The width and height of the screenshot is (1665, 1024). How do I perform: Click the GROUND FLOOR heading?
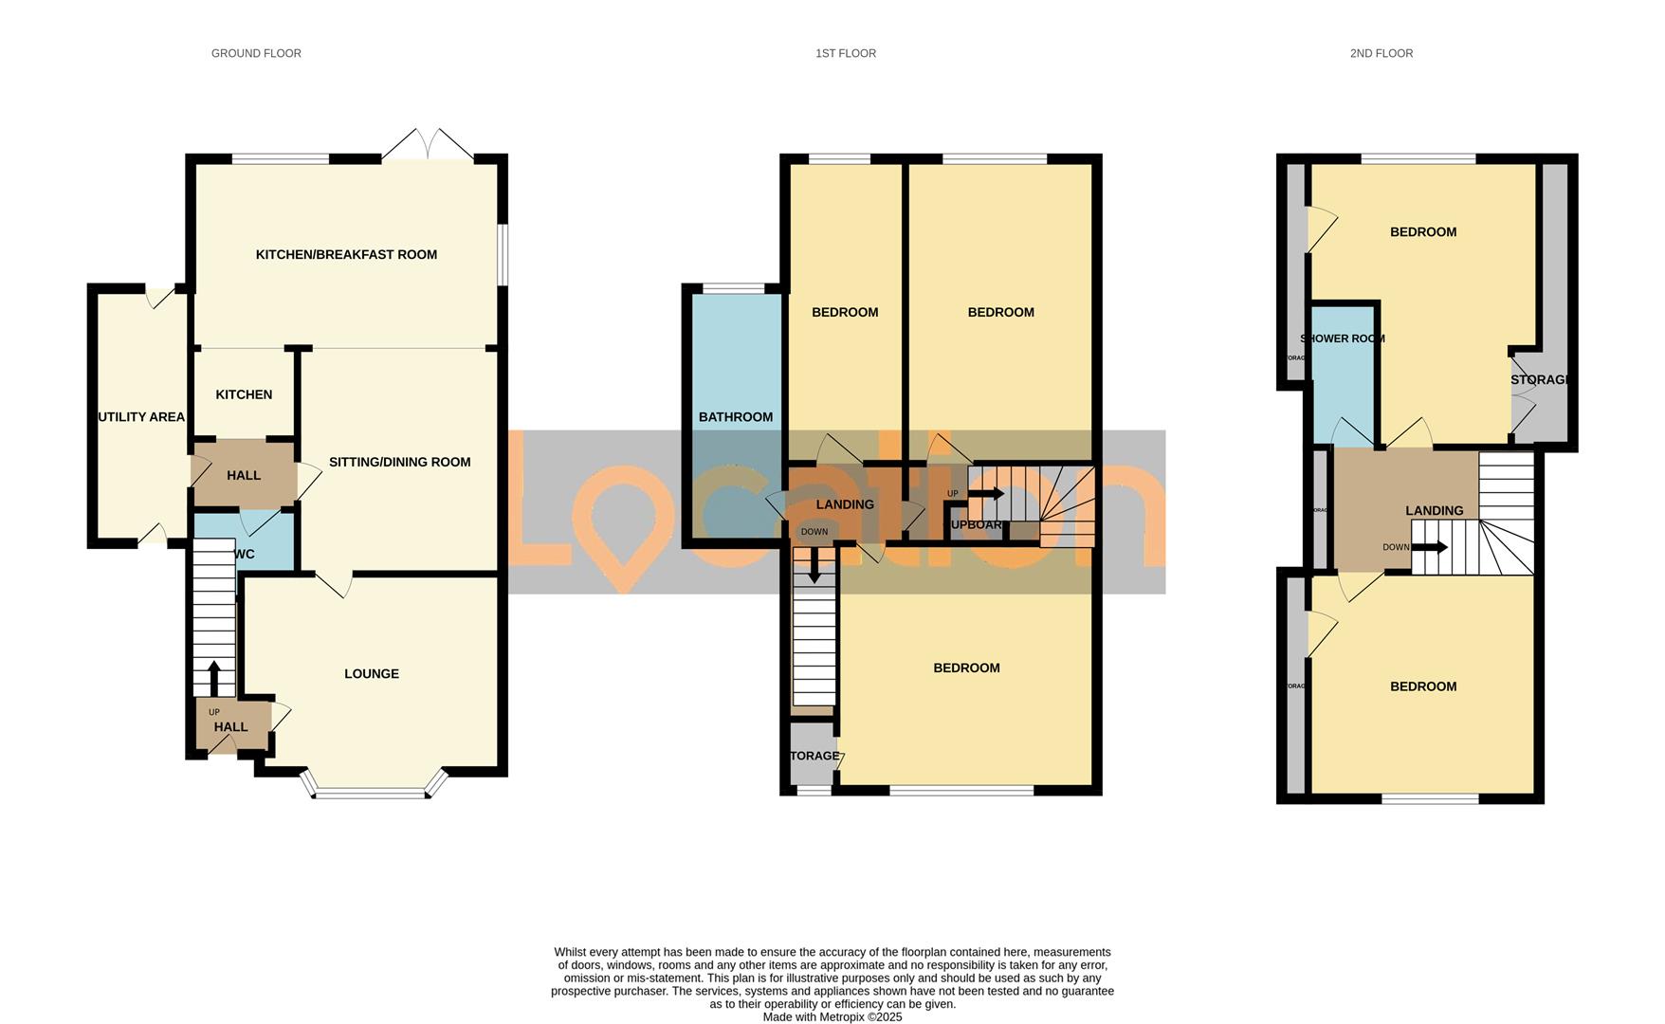(x=256, y=54)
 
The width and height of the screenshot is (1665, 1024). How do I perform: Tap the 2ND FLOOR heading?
(x=1381, y=54)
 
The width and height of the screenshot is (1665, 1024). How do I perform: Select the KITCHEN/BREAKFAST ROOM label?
(x=346, y=254)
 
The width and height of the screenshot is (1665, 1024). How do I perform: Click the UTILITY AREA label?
(x=141, y=417)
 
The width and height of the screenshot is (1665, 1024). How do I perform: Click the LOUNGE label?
(x=372, y=674)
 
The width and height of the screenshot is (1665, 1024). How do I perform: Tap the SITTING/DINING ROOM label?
(x=399, y=463)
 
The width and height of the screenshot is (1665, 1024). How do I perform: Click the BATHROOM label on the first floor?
(x=735, y=417)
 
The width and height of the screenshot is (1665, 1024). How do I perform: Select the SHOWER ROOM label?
(x=1342, y=338)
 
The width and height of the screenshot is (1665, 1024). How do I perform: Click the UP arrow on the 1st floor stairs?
(x=986, y=494)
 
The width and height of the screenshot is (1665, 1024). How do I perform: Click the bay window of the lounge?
(x=372, y=792)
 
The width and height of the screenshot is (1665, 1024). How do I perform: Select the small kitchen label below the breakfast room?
(x=244, y=394)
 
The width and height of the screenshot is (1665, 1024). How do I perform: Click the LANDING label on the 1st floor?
(x=845, y=504)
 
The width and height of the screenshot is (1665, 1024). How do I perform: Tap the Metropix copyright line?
(x=832, y=1017)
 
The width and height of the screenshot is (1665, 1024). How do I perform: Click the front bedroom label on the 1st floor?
(x=966, y=668)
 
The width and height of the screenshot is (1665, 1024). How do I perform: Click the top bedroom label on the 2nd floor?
(x=1422, y=232)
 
